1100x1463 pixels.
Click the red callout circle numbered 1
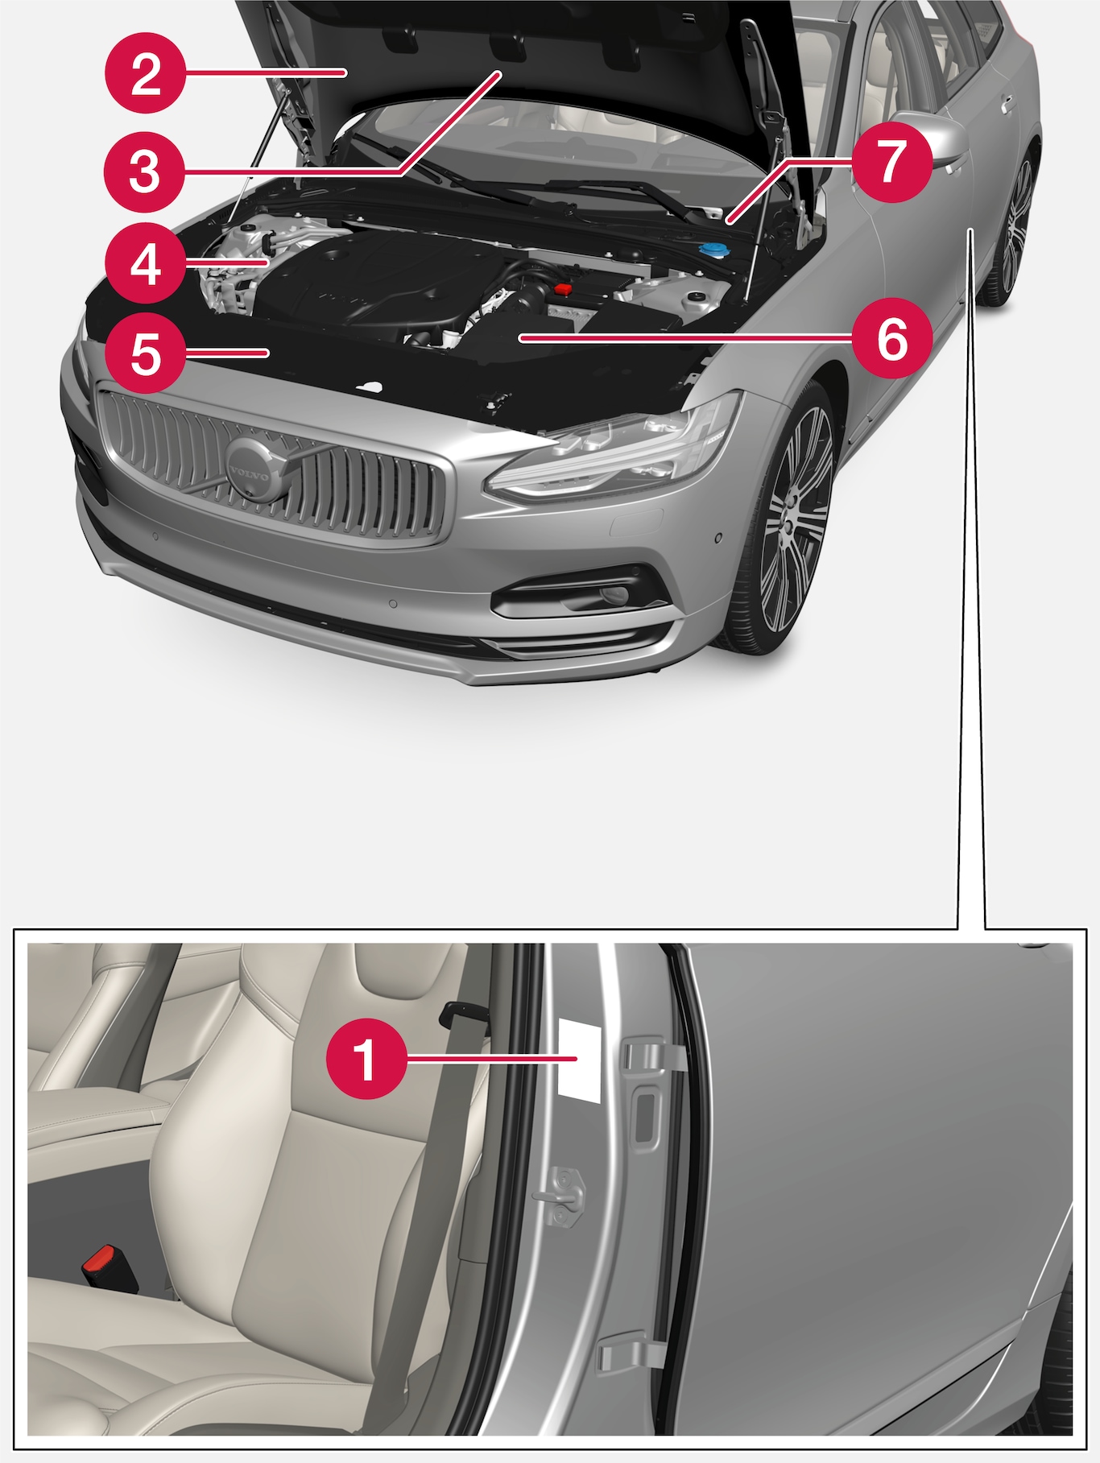click(366, 1059)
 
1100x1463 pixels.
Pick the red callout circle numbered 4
click(145, 263)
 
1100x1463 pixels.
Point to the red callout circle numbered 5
click(145, 353)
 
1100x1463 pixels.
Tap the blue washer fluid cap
click(712, 249)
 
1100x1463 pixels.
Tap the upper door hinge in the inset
click(655, 1055)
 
